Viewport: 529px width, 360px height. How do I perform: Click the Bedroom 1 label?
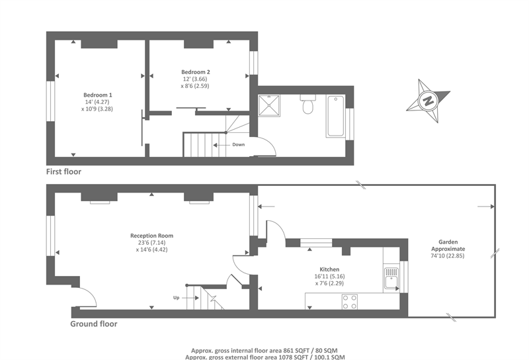tap(97, 95)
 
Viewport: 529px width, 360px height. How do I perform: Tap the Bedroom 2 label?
tap(195, 72)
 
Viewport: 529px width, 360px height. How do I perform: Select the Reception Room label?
tap(151, 236)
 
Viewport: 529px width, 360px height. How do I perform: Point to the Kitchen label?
tap(329, 269)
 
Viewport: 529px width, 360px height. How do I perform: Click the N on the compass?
tap(428, 101)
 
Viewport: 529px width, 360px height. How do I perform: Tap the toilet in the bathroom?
tap(307, 105)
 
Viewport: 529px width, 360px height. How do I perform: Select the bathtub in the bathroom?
tap(335, 116)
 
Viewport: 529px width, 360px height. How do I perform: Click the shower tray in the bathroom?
tap(269, 106)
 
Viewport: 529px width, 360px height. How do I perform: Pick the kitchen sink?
tap(391, 279)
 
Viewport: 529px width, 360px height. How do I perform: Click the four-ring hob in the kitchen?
tap(350, 302)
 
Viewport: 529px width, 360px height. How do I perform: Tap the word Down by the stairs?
tap(238, 144)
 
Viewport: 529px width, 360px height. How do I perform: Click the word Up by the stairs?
tap(176, 298)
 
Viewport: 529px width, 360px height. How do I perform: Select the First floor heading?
tap(63, 171)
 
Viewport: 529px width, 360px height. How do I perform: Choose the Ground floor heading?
tap(94, 324)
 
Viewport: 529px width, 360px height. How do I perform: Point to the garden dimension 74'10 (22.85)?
tap(448, 255)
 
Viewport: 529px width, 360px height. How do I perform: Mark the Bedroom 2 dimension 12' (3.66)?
tap(195, 79)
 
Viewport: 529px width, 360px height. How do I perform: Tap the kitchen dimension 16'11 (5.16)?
tap(329, 276)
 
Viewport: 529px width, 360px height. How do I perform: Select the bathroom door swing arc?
tap(270, 144)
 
